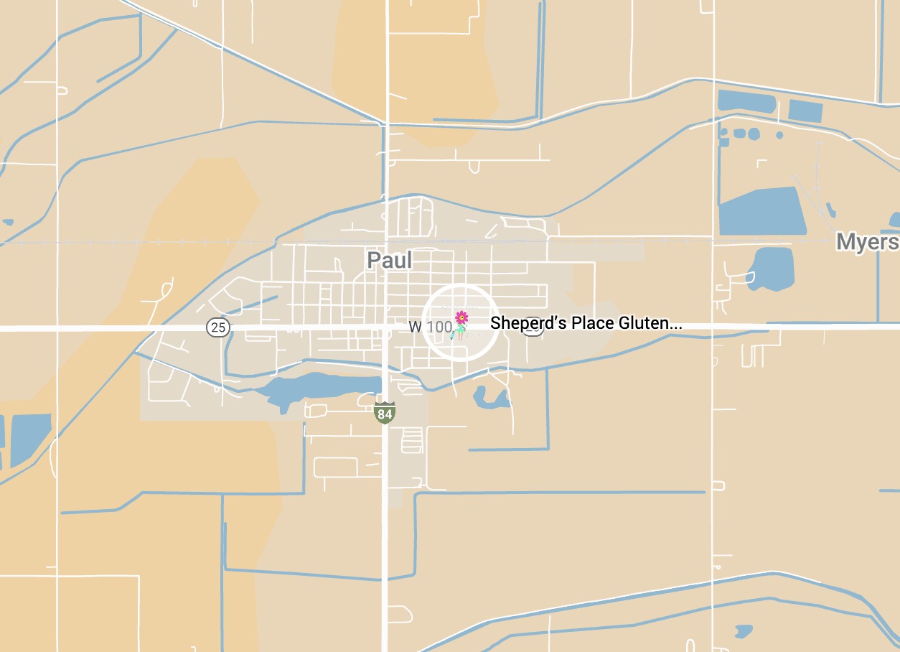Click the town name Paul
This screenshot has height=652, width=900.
pos(390,260)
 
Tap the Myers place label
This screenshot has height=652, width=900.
pos(867,242)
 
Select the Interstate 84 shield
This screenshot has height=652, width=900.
pos(385,413)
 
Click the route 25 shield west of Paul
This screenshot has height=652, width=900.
pos(218,328)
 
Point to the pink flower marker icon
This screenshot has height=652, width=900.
pos(461,317)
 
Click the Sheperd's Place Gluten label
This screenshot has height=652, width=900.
pos(586,324)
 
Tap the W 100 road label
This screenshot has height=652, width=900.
pos(431,327)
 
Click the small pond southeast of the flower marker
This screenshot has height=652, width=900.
pos(489,397)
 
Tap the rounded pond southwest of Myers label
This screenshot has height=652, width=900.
pos(771,266)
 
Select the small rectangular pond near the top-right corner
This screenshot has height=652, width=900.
pos(805,111)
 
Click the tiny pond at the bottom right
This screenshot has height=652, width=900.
pos(743,631)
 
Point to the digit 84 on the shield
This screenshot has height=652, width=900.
pos(385,414)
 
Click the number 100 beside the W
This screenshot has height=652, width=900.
pos(439,327)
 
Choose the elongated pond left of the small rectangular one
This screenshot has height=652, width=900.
pos(746,101)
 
